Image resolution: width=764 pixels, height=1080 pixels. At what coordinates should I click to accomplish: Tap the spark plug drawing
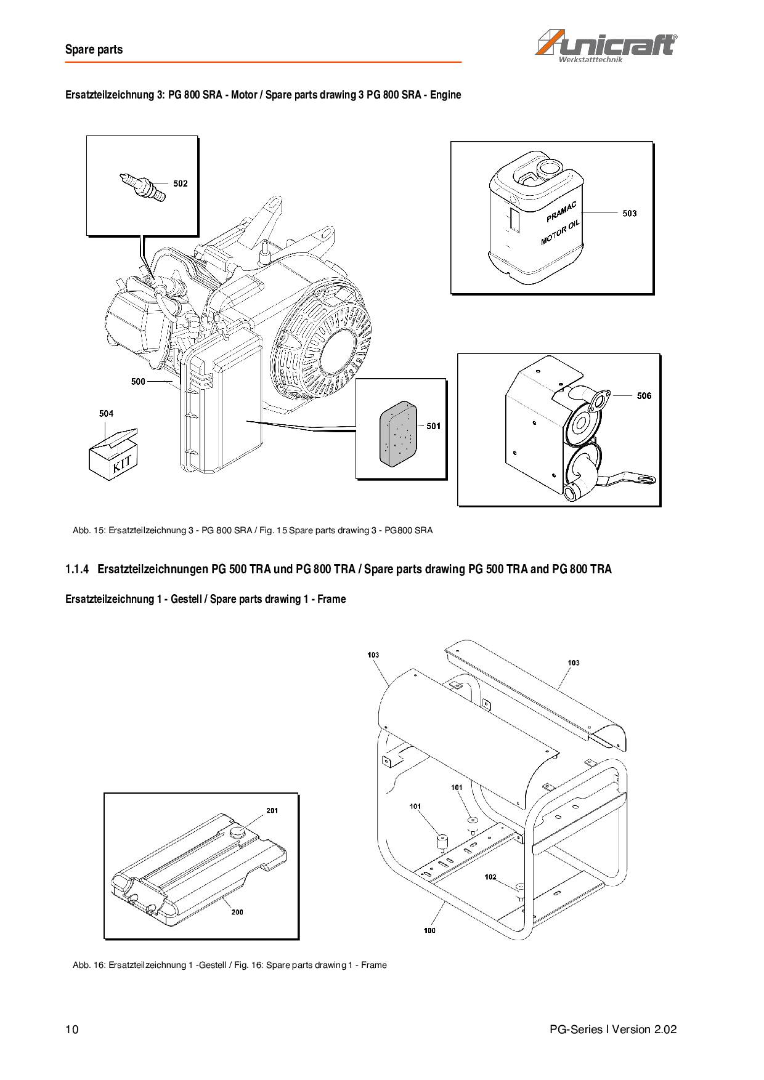pos(142,187)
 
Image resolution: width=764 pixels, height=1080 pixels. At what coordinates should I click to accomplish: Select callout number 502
pos(180,183)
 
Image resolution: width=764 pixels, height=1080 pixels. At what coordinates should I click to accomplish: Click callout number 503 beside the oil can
pos(629,213)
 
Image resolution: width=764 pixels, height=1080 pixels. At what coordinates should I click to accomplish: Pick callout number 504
pos(106,414)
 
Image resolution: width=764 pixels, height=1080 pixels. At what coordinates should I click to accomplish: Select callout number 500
pos(138,382)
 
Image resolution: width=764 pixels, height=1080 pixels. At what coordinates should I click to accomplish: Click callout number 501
pos(433,426)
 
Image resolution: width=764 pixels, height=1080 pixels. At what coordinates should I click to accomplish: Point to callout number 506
pos(644,396)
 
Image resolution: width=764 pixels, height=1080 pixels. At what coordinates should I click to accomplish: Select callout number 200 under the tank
pos(237,912)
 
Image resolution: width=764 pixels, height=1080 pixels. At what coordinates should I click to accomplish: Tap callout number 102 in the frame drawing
pos(490,877)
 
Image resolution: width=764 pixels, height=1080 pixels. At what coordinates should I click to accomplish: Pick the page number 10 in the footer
pos(71,1030)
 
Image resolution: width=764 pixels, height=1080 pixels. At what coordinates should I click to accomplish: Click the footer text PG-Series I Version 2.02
pos(613,1030)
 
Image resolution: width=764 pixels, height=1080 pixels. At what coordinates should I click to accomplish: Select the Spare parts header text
pos(94,50)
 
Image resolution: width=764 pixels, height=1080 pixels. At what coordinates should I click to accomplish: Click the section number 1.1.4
pos(77,569)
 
